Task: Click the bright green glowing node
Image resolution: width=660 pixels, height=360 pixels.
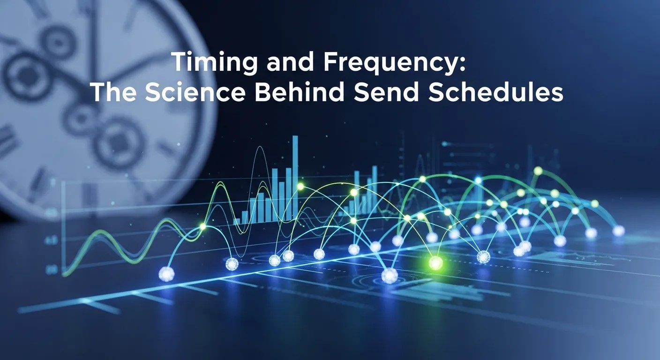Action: tap(435, 263)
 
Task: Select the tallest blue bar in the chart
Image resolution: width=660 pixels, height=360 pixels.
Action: tap(295, 178)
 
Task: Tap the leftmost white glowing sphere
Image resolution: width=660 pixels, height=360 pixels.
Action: tap(166, 274)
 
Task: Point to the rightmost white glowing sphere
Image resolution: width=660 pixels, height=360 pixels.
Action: tap(619, 231)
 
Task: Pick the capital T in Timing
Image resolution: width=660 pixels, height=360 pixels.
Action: tap(179, 63)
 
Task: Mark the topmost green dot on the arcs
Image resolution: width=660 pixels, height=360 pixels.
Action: tap(538, 171)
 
